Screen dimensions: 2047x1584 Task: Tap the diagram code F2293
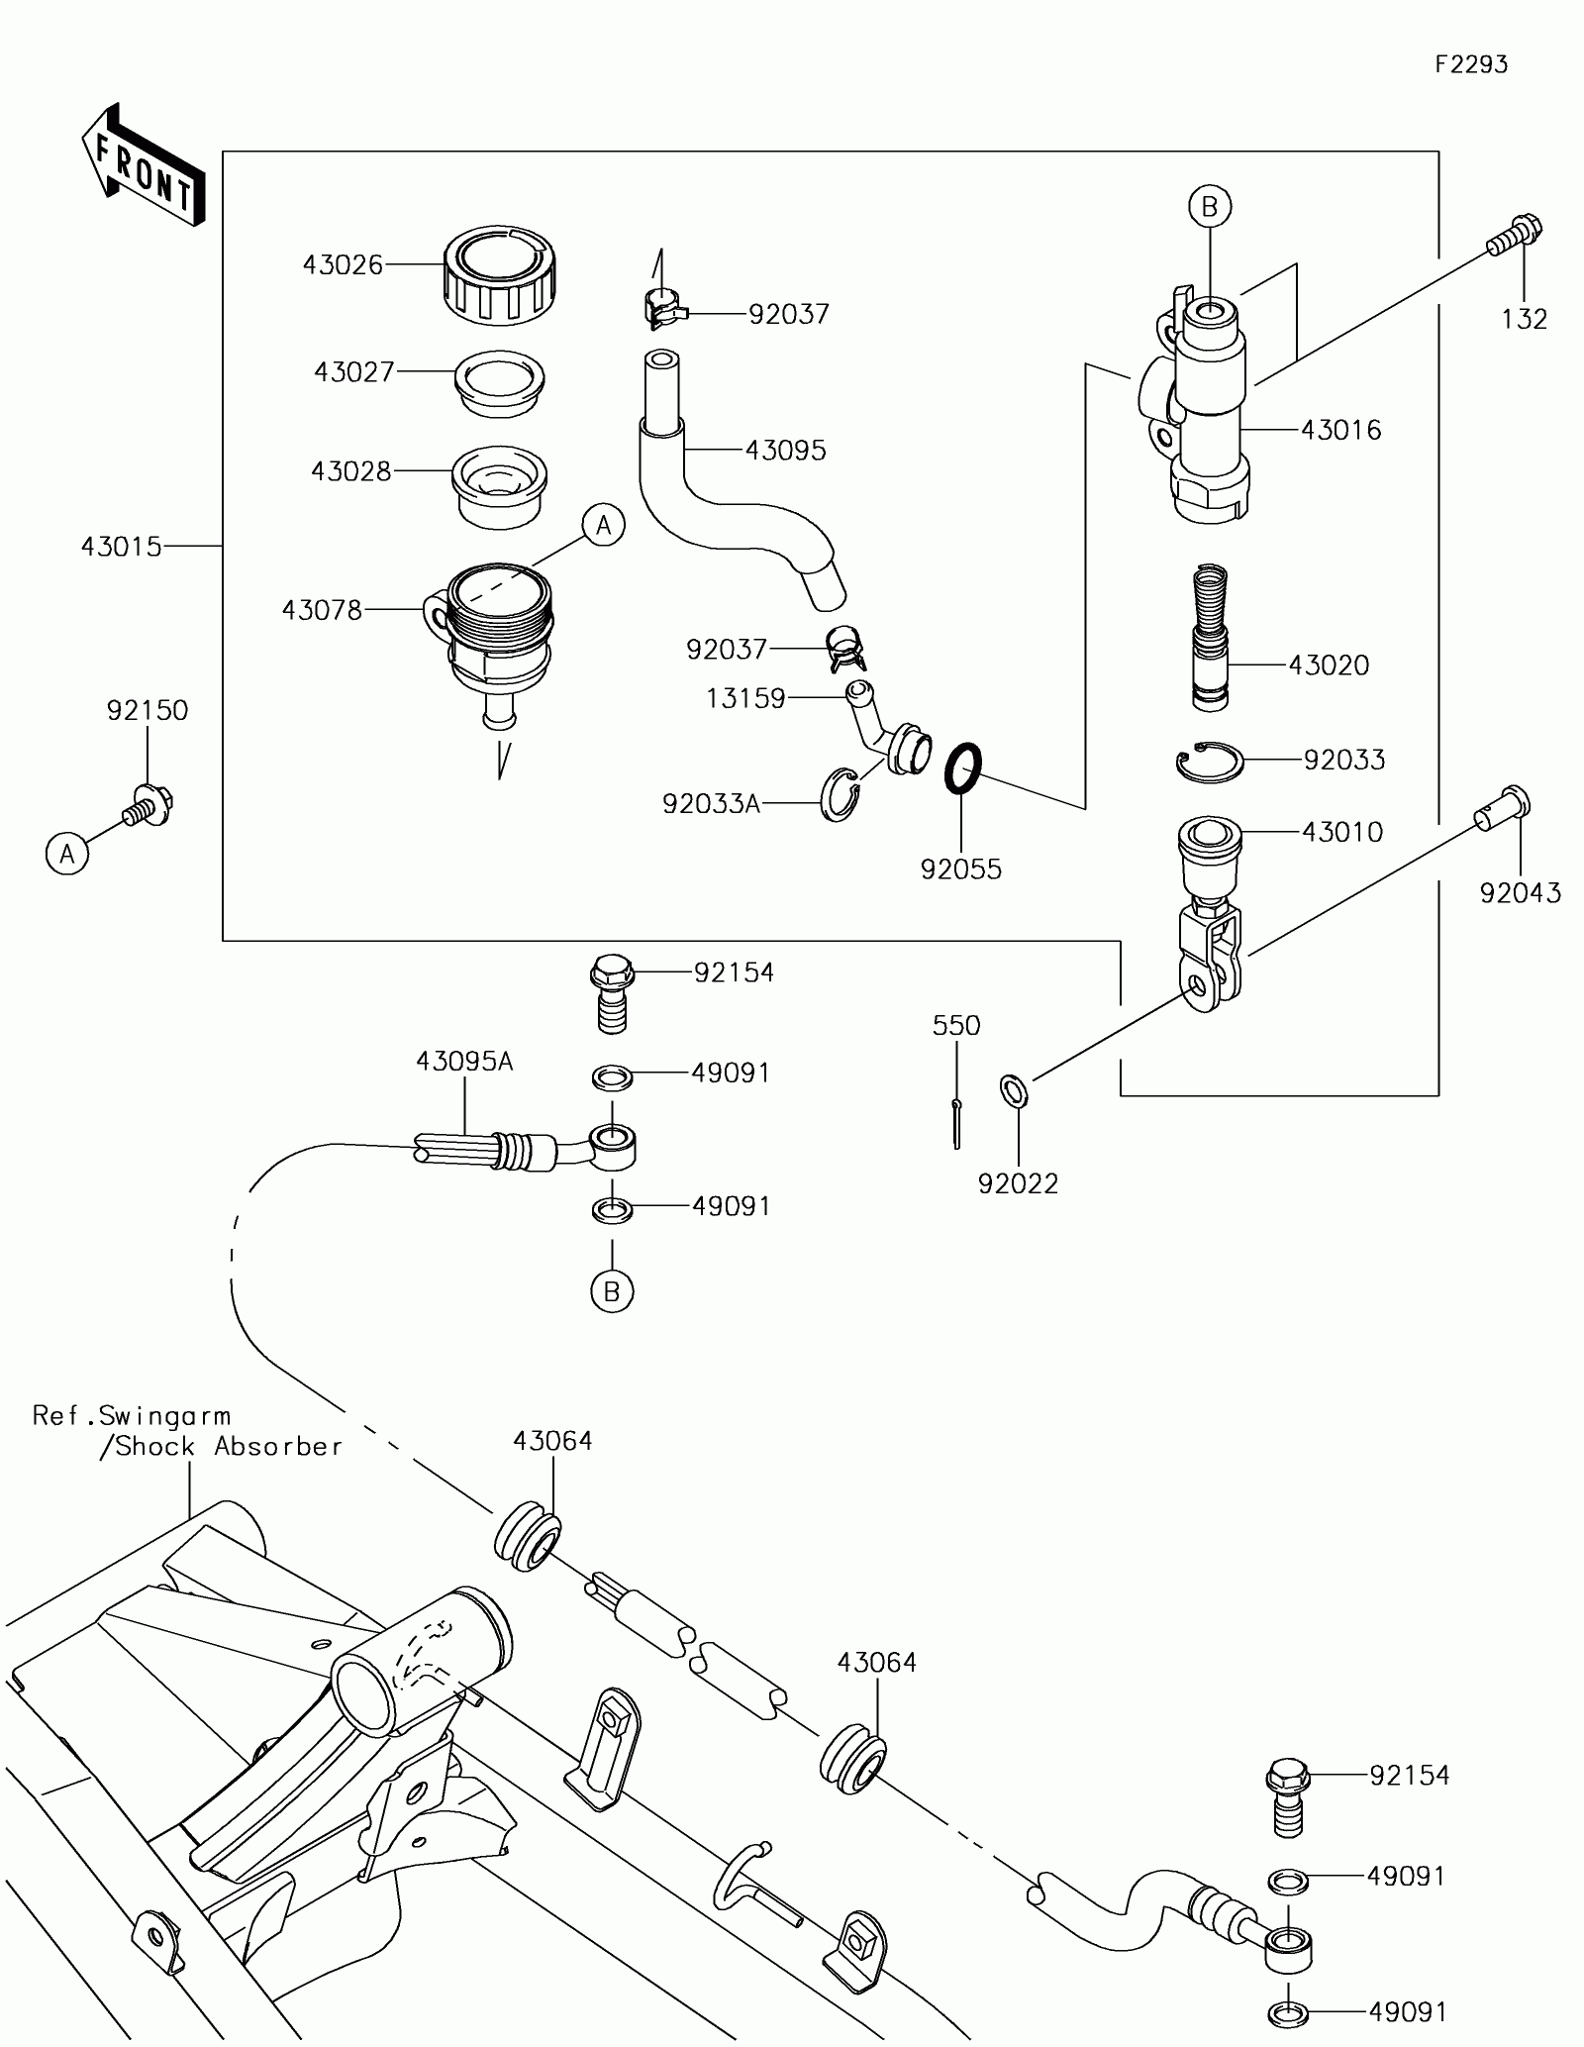click(1471, 65)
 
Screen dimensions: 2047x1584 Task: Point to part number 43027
click(353, 372)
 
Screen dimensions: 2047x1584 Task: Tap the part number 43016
click(1340, 430)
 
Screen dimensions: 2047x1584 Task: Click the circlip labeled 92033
click(1211, 764)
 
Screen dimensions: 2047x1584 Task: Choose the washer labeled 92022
click(1015, 1090)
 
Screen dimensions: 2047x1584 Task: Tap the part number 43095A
click(464, 1062)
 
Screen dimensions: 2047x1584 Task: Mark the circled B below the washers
click(612, 1291)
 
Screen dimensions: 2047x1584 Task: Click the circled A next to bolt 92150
click(67, 853)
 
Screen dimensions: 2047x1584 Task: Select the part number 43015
click(121, 547)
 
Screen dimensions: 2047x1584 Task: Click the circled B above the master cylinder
click(1209, 207)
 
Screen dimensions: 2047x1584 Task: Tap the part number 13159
click(744, 699)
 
